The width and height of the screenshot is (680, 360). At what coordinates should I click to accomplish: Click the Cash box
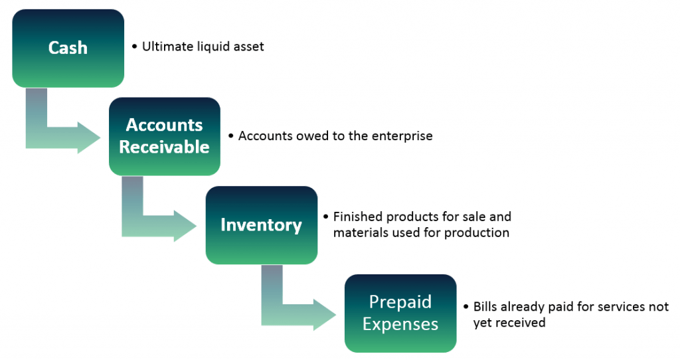(68, 48)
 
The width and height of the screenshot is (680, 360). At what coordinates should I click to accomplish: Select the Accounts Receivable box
(165, 136)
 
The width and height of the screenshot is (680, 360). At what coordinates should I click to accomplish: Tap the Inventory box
(262, 225)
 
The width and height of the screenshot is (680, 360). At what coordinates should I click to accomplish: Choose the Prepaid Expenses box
(400, 313)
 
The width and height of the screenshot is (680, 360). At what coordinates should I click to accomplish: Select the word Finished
(358, 217)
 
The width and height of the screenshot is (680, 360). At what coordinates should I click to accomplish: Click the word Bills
(484, 307)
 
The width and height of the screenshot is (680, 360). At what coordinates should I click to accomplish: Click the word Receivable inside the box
(165, 147)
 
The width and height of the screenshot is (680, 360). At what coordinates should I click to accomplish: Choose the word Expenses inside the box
(400, 324)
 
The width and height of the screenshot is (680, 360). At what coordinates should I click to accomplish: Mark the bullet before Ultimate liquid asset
(134, 46)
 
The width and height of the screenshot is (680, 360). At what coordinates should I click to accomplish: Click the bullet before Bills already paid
(466, 307)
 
